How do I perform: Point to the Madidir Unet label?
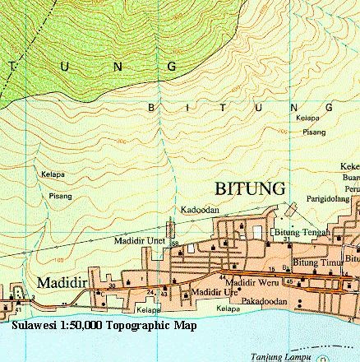[x=139, y=240]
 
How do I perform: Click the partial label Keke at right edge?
[x=349, y=166]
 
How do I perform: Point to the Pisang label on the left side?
[x=59, y=196]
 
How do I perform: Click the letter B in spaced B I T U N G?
[x=150, y=107]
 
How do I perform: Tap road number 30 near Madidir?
[x=113, y=285]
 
